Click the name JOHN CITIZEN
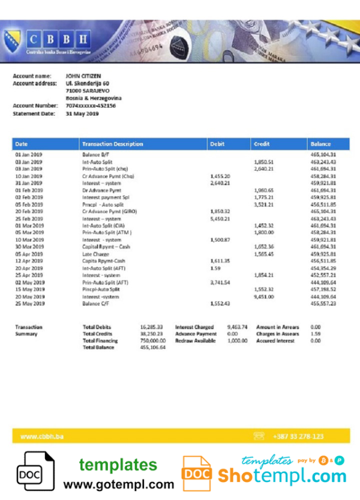[x=83, y=77]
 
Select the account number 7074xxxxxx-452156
[x=91, y=106]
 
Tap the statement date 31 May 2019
[x=82, y=113]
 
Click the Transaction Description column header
[x=113, y=144]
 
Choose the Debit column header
[x=217, y=144]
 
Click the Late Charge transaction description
[x=95, y=253]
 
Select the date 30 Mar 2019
[x=29, y=247]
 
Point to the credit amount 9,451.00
[x=264, y=297]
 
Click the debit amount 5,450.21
[x=220, y=219]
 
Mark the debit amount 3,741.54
[x=220, y=282]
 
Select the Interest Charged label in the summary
[x=194, y=327]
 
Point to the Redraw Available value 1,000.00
[x=238, y=341]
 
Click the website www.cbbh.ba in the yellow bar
[x=42, y=436]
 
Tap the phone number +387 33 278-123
[x=298, y=436]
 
